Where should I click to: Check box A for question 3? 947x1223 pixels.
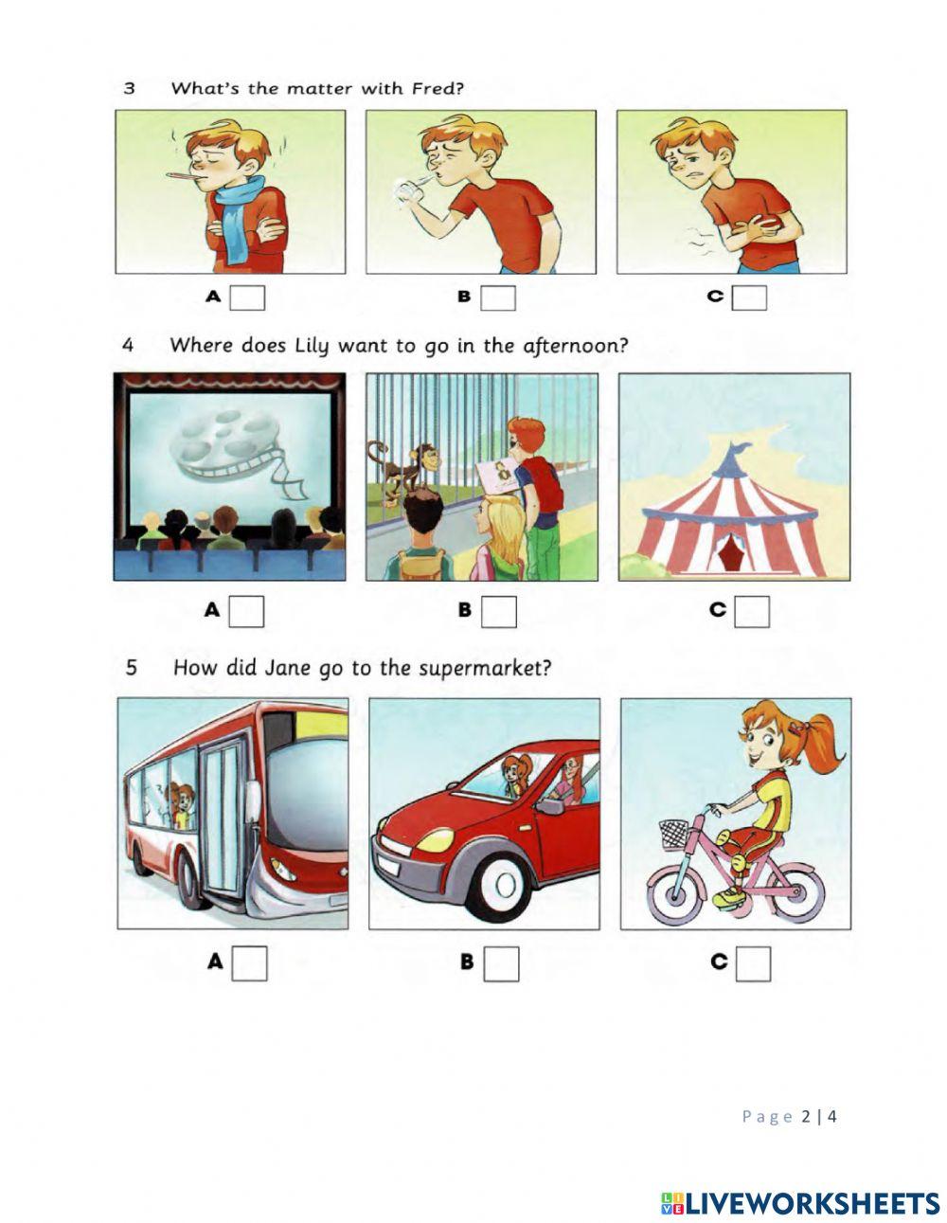pyautogui.click(x=248, y=297)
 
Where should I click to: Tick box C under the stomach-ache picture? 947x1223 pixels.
pyautogui.click(x=749, y=297)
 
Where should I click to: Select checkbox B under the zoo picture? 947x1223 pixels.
pyautogui.click(x=498, y=611)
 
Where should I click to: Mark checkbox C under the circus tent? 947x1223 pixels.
pyautogui.click(x=752, y=611)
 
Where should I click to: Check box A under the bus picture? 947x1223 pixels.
pyautogui.click(x=250, y=963)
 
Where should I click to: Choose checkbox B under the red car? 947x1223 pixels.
pyautogui.click(x=501, y=963)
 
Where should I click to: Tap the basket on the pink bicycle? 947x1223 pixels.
pyautogui.click(x=674, y=835)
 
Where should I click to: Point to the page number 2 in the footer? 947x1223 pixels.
pyautogui.click(x=806, y=1116)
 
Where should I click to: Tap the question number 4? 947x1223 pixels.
pyautogui.click(x=128, y=345)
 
